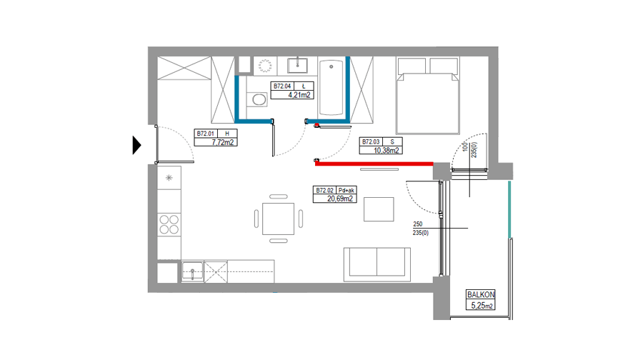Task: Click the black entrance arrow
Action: pyautogui.click(x=136, y=145)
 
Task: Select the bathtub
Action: pyautogui.click(x=331, y=87)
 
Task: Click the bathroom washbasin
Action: pyautogui.click(x=297, y=65)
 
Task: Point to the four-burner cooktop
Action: pyautogui.click(x=169, y=225)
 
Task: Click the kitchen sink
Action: pyautogui.click(x=192, y=271)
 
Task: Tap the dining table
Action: pyautogui.click(x=279, y=219)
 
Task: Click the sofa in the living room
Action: pyautogui.click(x=377, y=264)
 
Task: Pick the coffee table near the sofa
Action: pyautogui.click(x=379, y=209)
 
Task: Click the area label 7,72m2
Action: pyautogui.click(x=223, y=142)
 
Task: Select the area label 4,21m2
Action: pyautogui.click(x=299, y=95)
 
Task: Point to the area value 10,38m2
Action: pyautogui.click(x=387, y=151)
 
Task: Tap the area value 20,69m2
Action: pyautogui.click(x=340, y=199)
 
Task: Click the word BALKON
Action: pyautogui.click(x=481, y=294)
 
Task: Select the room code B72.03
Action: pyautogui.click(x=371, y=141)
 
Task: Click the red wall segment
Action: pyautogui.click(x=374, y=164)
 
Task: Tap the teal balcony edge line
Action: pyautogui.click(x=509, y=209)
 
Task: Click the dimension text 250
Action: pyautogui.click(x=418, y=224)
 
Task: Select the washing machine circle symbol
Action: pyautogui.click(x=265, y=66)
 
